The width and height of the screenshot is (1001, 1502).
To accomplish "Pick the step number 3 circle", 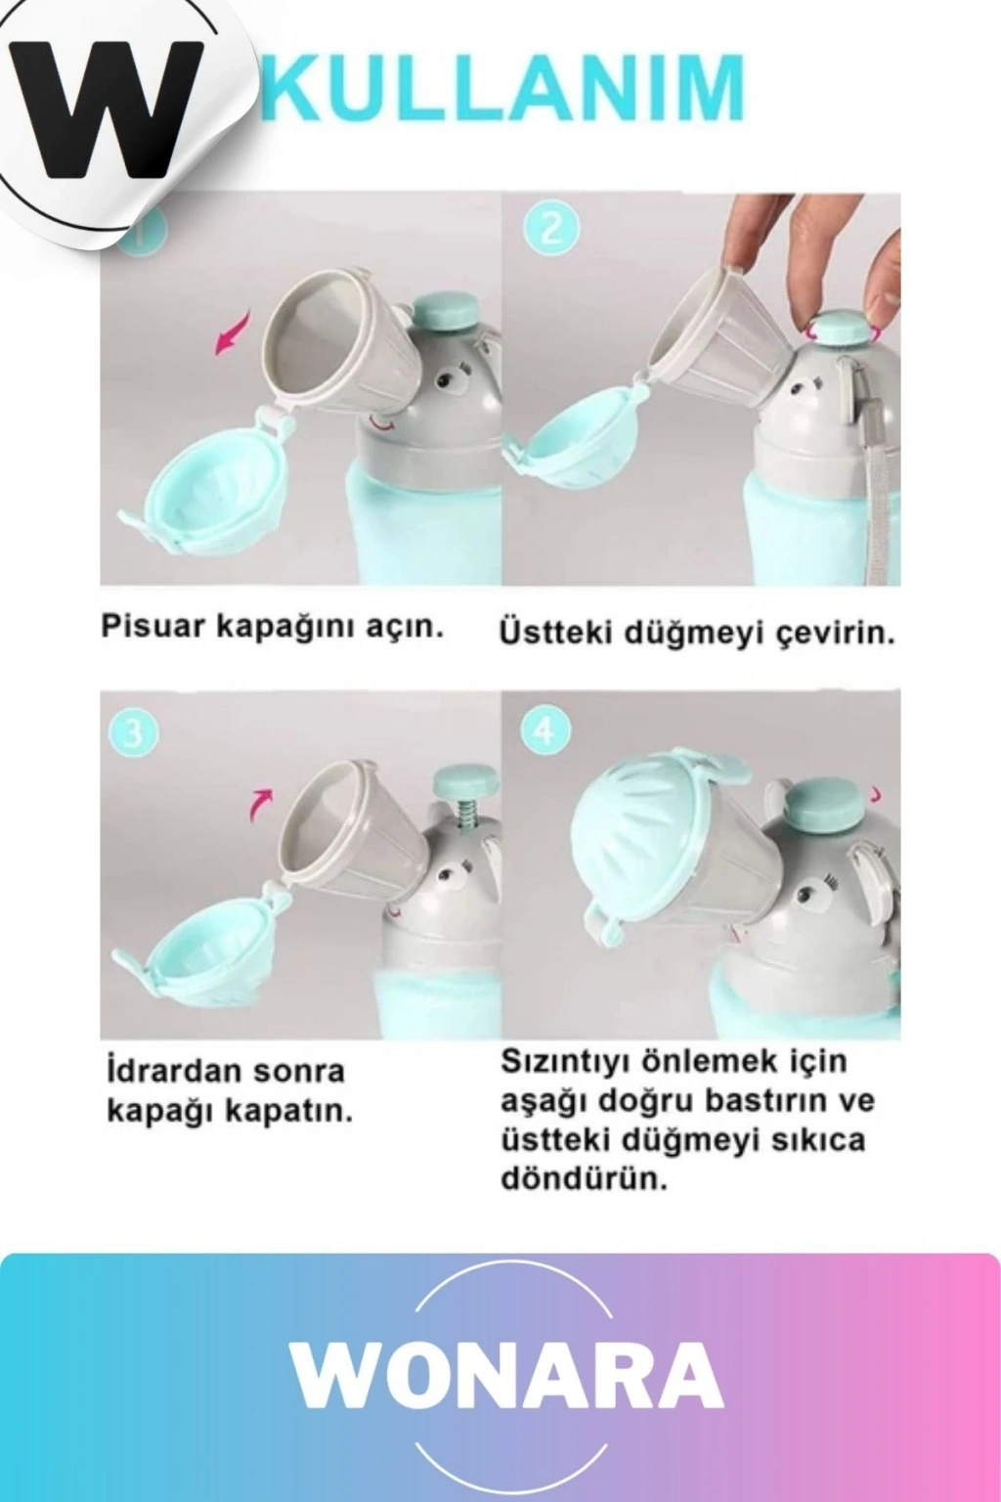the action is click(x=133, y=733).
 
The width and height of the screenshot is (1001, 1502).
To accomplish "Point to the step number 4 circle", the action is click(x=545, y=731).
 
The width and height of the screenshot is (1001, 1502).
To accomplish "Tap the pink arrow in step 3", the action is click(x=261, y=803).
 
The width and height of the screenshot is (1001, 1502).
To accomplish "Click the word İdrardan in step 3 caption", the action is click(x=165, y=1071).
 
